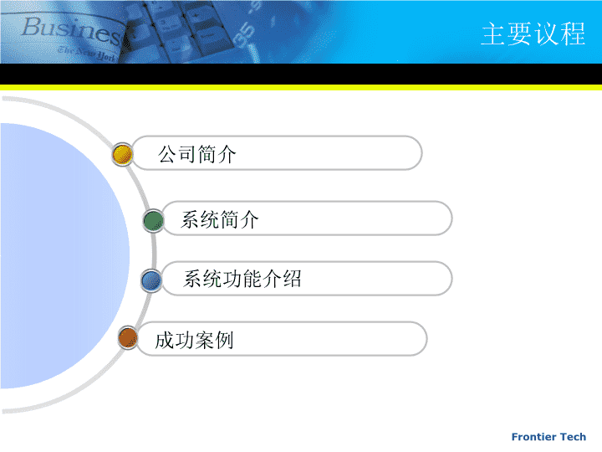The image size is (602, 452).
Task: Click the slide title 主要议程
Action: point(533,33)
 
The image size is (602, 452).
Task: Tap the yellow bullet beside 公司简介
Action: point(122,155)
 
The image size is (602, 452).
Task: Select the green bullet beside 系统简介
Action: point(154,221)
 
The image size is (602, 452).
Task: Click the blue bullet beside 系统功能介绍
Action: point(151,280)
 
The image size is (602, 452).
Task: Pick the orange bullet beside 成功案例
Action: point(128,338)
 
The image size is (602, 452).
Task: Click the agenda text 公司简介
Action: point(197,154)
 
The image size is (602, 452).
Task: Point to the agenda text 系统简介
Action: point(220,220)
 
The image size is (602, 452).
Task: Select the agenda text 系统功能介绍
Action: point(242,279)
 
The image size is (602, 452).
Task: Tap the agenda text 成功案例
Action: point(194,340)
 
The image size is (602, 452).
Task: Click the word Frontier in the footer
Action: point(534,437)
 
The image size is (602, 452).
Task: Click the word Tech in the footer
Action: point(574,437)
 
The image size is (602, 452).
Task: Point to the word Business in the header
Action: point(71,31)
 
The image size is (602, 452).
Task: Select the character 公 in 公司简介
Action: point(167,154)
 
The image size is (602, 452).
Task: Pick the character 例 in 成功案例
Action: point(224,340)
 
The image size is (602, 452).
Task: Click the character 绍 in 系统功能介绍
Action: point(292,279)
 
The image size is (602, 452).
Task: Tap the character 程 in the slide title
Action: point(574,33)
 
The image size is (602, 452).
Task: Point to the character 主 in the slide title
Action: point(494,33)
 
